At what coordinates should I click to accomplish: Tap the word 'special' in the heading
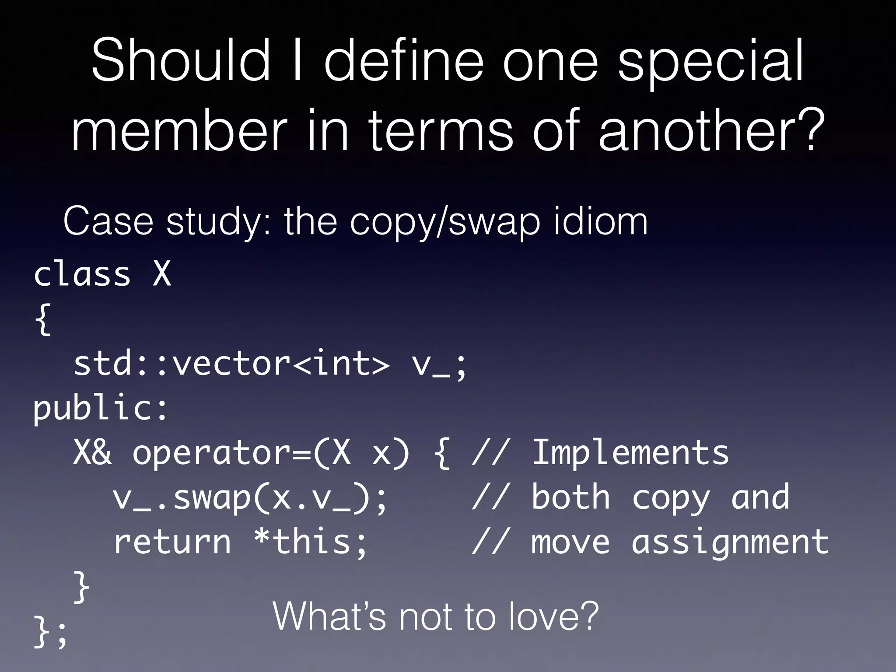711,61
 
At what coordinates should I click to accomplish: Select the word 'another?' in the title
711,130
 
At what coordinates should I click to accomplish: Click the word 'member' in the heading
179,130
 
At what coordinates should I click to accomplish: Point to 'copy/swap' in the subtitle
446,223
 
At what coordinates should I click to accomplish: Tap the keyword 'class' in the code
82,274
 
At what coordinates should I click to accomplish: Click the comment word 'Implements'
630,453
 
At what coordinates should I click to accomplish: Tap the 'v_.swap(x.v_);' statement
250,498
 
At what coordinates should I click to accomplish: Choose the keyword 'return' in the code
172,542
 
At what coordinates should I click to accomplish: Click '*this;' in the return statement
310,542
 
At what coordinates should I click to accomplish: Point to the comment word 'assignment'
730,542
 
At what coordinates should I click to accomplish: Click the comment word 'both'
570,497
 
